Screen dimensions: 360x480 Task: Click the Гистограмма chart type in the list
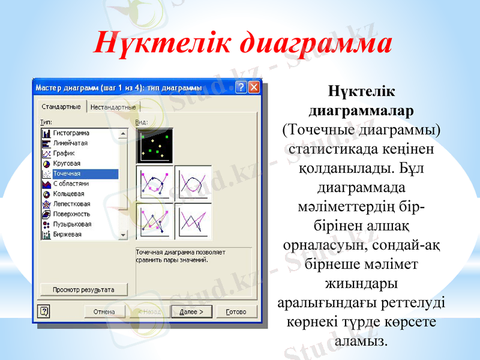(71, 133)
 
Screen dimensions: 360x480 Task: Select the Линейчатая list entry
(70, 143)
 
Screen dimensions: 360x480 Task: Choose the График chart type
(64, 154)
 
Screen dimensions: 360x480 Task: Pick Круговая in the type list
(67, 164)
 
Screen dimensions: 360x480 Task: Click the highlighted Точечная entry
(67, 174)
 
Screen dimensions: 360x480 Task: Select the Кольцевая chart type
(68, 194)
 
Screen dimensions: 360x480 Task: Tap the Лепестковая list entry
(71, 204)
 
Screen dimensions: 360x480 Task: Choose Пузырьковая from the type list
(71, 224)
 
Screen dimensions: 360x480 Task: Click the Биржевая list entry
(67, 234)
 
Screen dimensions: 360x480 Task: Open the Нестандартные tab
(113, 107)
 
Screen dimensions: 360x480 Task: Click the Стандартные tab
(61, 107)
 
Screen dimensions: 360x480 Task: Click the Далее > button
(191, 312)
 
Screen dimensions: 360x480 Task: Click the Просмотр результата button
(83, 290)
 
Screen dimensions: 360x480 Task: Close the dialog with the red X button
(254, 88)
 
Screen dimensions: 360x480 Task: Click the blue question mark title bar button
(241, 88)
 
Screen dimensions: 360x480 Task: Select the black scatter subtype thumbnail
(155, 146)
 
